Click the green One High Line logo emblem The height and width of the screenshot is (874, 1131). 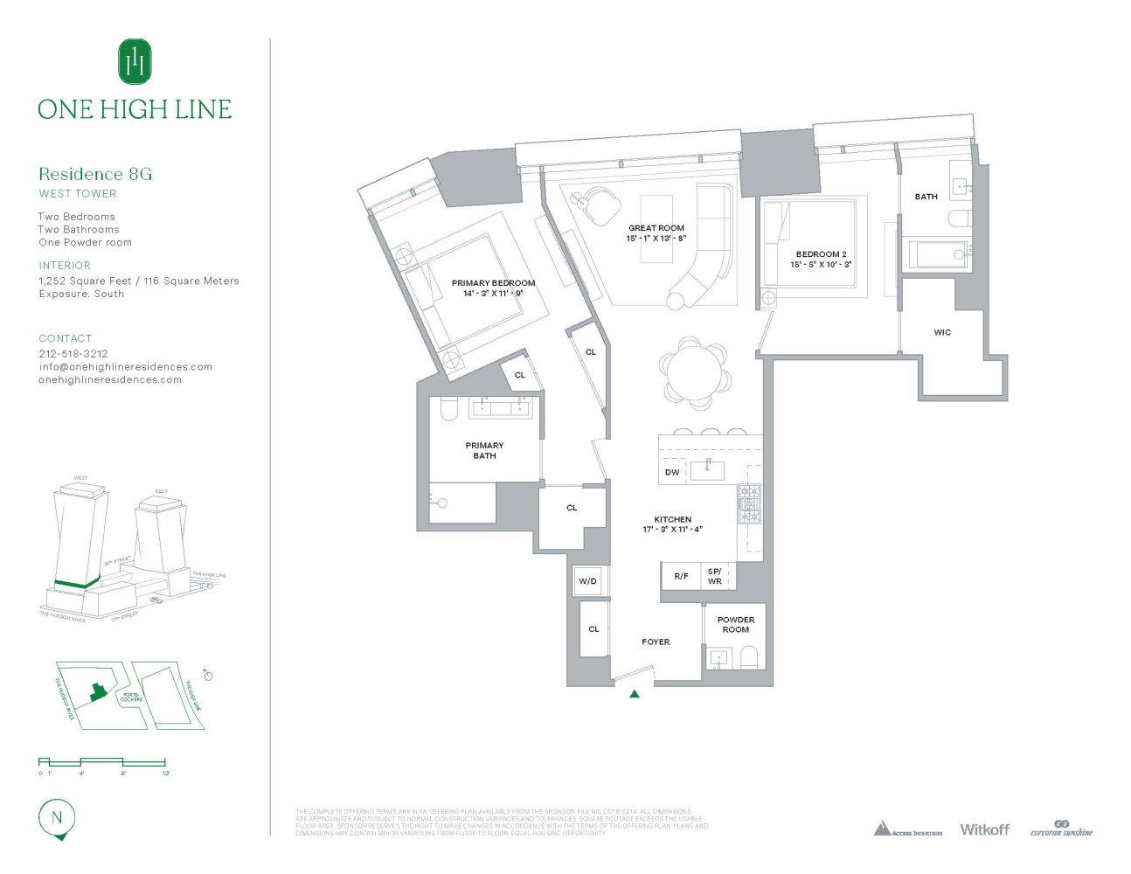[x=135, y=61]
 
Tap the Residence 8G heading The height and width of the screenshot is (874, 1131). [x=95, y=174]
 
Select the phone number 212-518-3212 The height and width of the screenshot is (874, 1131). [x=73, y=354]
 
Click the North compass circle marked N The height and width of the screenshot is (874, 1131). [x=58, y=818]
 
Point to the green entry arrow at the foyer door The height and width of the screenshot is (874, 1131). [x=635, y=694]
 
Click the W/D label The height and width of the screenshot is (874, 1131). [x=587, y=581]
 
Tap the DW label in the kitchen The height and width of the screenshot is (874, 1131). [x=672, y=472]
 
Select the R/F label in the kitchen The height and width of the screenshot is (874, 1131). [x=681, y=576]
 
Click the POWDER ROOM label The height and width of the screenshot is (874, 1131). [x=736, y=624]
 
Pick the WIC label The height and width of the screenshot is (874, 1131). [x=942, y=332]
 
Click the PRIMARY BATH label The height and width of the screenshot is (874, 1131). [x=484, y=450]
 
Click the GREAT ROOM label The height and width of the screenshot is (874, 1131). [x=656, y=228]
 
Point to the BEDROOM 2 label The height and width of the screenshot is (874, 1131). [x=821, y=254]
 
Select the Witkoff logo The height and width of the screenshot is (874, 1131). [x=984, y=829]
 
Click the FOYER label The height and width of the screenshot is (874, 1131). [x=656, y=642]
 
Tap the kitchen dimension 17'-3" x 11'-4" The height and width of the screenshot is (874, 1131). [x=672, y=530]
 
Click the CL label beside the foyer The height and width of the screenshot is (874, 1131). [x=593, y=628]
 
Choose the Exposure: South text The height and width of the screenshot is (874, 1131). [x=81, y=294]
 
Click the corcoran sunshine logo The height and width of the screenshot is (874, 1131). [x=1061, y=829]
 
